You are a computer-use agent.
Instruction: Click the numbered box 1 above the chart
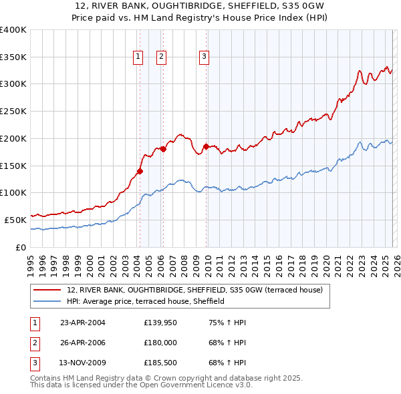[138, 57]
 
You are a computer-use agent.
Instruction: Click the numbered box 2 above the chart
[162, 57]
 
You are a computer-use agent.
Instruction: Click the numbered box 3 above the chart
[204, 57]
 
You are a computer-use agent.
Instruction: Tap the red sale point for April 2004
[140, 171]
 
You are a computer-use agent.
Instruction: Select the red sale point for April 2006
[163, 149]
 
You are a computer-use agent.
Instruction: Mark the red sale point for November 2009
[206, 146]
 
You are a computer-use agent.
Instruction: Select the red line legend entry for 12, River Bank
[194, 290]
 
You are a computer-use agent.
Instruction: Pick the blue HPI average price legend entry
[145, 301]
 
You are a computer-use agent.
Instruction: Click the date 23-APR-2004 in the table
[83, 323]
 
